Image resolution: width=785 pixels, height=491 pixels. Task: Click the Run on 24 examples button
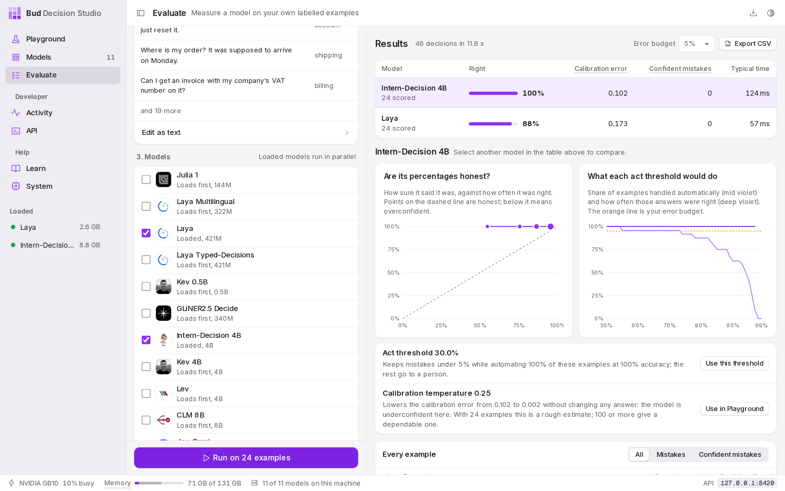(x=246, y=458)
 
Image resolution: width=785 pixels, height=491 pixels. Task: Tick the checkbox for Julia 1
(x=146, y=180)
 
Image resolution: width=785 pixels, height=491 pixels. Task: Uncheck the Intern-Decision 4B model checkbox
(x=146, y=340)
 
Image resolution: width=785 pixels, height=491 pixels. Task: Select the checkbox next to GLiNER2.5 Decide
(x=146, y=313)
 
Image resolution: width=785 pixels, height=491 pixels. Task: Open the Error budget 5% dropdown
(x=696, y=44)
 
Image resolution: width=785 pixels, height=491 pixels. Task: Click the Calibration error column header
(x=601, y=69)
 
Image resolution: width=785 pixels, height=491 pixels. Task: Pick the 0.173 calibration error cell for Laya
(x=618, y=124)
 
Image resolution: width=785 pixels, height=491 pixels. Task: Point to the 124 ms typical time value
(x=757, y=93)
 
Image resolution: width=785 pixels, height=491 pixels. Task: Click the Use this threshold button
(x=734, y=363)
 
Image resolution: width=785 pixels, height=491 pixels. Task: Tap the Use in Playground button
(x=734, y=409)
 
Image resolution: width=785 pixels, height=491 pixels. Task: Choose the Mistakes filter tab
(x=671, y=455)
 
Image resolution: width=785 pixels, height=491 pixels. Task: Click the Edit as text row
(x=246, y=132)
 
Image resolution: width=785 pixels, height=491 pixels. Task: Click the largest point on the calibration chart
(x=551, y=227)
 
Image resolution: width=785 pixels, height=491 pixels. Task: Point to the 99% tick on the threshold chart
(x=761, y=326)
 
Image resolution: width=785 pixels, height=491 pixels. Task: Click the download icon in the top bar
(x=753, y=13)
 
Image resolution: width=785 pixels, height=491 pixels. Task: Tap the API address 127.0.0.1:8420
(x=747, y=483)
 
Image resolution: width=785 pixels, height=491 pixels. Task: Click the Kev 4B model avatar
(x=164, y=367)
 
